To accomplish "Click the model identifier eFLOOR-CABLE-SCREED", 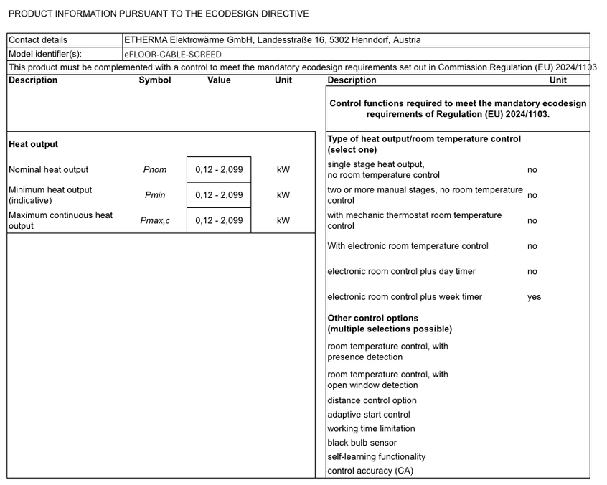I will pos(173,54).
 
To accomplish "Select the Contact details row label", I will pos(38,40).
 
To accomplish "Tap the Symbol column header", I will pos(155,80).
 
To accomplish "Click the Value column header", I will pos(219,80).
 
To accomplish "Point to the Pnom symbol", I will pos(155,170).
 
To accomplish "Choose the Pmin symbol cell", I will pos(155,195).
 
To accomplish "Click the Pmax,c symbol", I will pos(155,220).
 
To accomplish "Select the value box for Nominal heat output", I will pos(219,170).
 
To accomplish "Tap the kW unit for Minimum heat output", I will pos(283,195).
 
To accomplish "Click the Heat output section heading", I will pos(34,144).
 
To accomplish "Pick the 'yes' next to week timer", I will pos(534,297).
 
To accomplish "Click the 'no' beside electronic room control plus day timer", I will pos(532,272).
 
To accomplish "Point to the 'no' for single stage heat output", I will pos(532,170).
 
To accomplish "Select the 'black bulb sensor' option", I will pos(362,443).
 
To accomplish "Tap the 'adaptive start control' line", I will pos(369,415).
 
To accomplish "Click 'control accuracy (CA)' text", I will pos(370,471).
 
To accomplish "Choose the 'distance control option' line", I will pos(372,401).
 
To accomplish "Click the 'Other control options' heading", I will pos(372,319).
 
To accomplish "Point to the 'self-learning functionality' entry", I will pos(376,457).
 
